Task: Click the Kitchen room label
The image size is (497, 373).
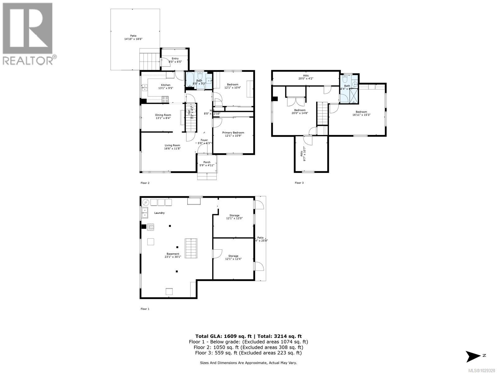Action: [x=166, y=86]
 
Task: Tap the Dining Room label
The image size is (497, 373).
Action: [x=163, y=117]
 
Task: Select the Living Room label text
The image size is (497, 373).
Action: [x=172, y=147]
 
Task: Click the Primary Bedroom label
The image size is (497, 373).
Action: [x=233, y=134]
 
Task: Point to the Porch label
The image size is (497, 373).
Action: [x=207, y=163]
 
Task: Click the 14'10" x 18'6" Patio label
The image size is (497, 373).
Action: [x=133, y=37]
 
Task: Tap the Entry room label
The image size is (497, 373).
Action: [x=175, y=60]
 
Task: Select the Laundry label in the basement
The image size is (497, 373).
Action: [x=159, y=213]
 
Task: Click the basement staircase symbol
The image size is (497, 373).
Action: [x=191, y=248]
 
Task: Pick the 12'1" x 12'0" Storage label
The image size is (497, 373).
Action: [x=234, y=217]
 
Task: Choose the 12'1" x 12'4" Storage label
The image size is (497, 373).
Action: [x=233, y=257]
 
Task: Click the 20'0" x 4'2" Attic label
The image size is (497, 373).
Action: [x=306, y=77]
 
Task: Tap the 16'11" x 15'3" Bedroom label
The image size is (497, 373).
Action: [x=361, y=113]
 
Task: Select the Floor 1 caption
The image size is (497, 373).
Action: [x=145, y=309]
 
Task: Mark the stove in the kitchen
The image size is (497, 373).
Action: [x=165, y=99]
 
